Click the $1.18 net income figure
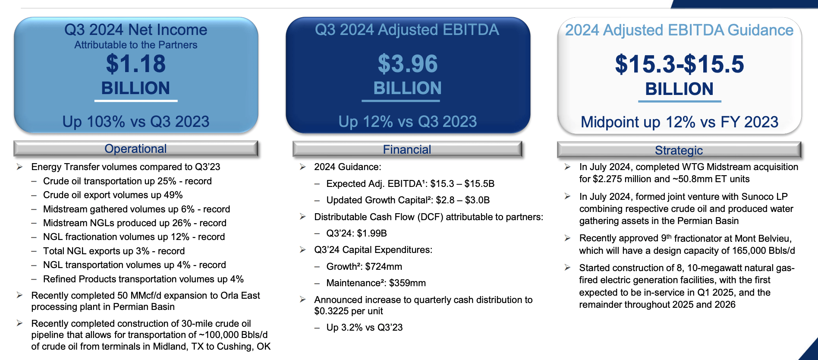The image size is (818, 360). tap(136, 64)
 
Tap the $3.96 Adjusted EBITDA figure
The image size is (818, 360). tap(408, 64)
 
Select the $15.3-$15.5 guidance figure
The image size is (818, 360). tap(680, 64)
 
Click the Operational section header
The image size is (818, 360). tap(136, 148)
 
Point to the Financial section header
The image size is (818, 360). tap(407, 149)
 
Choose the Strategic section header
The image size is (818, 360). tap(679, 150)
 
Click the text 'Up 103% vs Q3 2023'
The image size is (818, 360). tap(136, 122)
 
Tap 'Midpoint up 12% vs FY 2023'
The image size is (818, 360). tap(680, 122)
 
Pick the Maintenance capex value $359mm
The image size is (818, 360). tap(407, 283)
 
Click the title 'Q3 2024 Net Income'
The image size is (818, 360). tap(136, 30)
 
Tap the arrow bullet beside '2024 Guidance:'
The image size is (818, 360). tap(303, 167)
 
